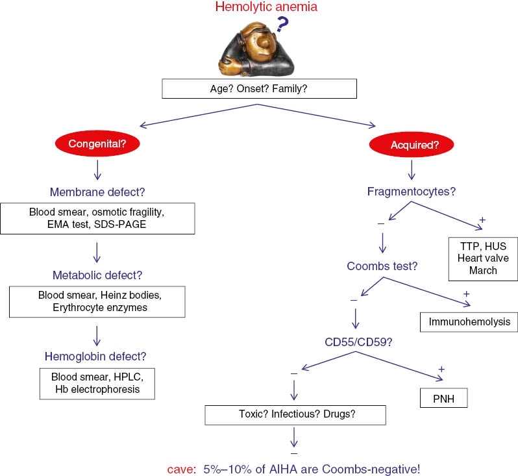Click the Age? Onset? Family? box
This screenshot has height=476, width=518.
pyautogui.click(x=260, y=89)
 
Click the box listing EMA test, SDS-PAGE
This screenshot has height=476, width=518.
pyautogui.click(x=98, y=218)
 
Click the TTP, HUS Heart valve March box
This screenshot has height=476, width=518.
pyautogui.click(x=482, y=258)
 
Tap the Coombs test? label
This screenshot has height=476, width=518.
pyautogui.click(x=382, y=266)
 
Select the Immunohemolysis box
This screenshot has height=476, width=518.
pyautogui.click(x=469, y=320)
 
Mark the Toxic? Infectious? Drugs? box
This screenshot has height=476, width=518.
pyautogui.click(x=295, y=414)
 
